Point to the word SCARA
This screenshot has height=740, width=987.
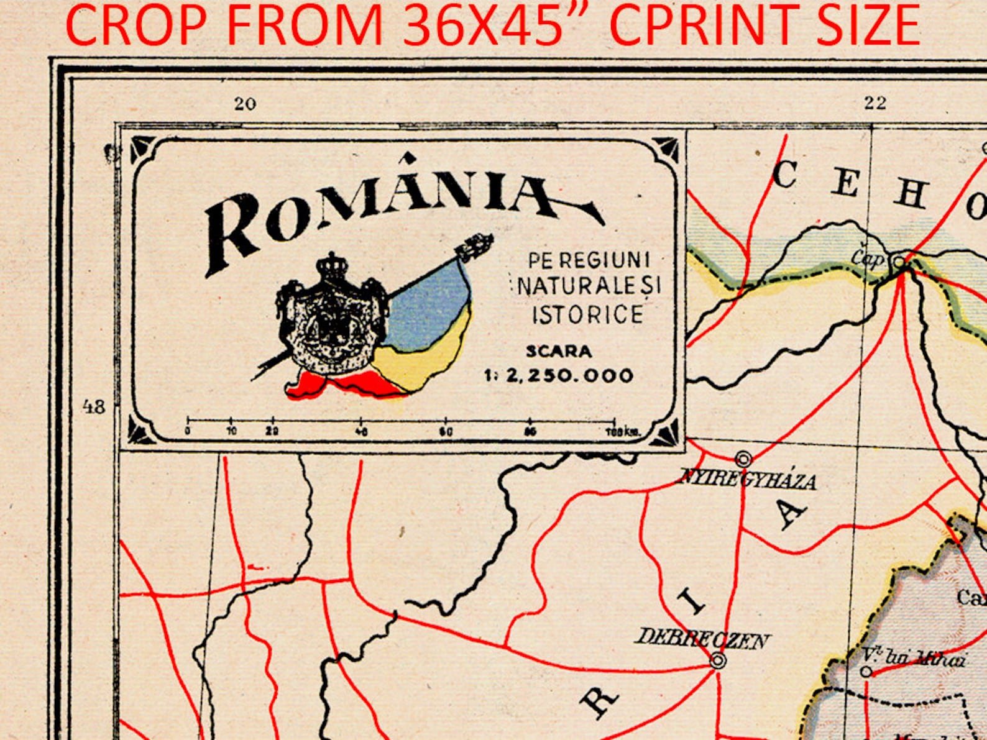[559, 352]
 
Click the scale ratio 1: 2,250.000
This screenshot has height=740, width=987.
[559, 375]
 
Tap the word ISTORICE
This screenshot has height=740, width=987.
[587, 314]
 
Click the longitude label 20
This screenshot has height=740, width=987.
[245, 104]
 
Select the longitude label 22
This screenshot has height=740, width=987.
[875, 103]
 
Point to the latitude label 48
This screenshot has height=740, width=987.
[94, 407]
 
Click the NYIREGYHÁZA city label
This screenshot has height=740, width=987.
[746, 480]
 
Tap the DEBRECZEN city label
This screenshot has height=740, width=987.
[701, 638]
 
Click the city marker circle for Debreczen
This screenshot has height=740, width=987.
[717, 660]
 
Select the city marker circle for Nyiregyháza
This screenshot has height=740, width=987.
[743, 459]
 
